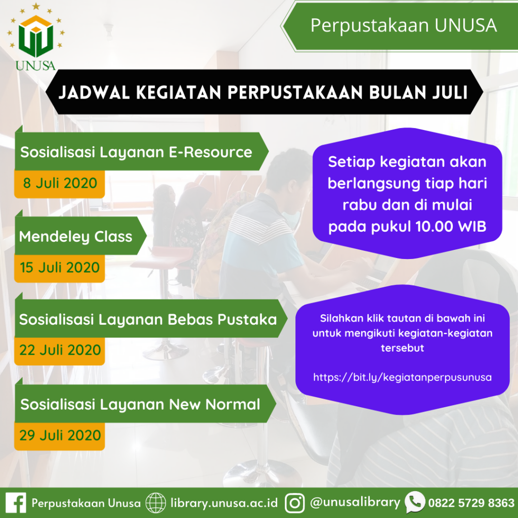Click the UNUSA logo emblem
click(x=36, y=36)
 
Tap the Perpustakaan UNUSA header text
click(x=403, y=25)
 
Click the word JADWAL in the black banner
click(x=94, y=92)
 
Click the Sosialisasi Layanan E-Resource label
click(x=136, y=152)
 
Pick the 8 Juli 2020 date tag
click(x=60, y=183)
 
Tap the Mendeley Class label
click(x=76, y=237)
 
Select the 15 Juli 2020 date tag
click(x=60, y=268)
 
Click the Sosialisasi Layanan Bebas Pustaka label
click(x=148, y=320)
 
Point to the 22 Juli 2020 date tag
click(x=60, y=350)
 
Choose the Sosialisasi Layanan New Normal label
click(x=140, y=404)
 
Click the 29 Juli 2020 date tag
click(x=60, y=436)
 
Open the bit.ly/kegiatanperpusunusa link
click(x=402, y=377)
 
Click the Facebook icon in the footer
click(x=16, y=503)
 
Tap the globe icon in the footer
click(x=156, y=503)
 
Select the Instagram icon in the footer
click(x=295, y=503)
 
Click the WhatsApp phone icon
click(x=415, y=502)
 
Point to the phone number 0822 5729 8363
click(x=471, y=503)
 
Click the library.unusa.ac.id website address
click(x=224, y=503)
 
